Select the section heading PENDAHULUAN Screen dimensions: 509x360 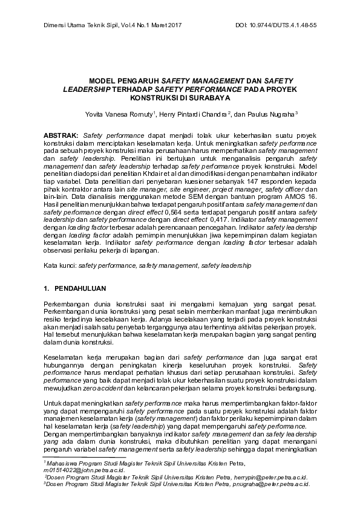click(86, 288)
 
